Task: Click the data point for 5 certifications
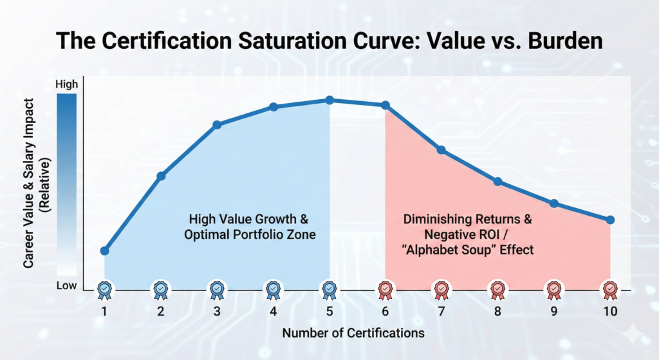tap(329, 100)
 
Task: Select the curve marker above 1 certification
tap(105, 251)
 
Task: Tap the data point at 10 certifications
tap(610, 220)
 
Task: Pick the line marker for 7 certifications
tap(441, 150)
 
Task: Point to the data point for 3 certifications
tap(217, 124)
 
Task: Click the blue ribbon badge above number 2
tap(160, 290)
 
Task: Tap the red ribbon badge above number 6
tap(385, 290)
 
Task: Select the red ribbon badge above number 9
tap(554, 290)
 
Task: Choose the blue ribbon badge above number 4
tap(273, 290)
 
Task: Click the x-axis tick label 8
tap(497, 312)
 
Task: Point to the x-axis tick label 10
tap(610, 312)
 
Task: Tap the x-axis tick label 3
tap(217, 312)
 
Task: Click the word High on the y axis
tap(66, 84)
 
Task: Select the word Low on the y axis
tap(66, 285)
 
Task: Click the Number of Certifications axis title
tap(353, 333)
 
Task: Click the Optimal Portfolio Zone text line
tap(250, 234)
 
